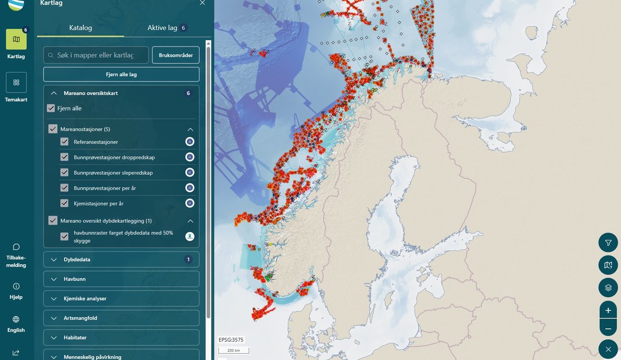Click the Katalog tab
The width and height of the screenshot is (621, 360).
point(80,27)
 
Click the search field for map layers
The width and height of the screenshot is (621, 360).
point(96,55)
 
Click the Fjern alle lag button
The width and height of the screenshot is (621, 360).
point(121,74)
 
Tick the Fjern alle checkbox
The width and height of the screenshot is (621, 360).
point(51,108)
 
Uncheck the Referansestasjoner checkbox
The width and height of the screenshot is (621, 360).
point(64,142)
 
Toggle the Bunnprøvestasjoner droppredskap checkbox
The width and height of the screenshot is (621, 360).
point(64,157)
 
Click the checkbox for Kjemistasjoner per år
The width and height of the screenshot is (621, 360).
point(64,203)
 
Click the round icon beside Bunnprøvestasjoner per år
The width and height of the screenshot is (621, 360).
point(190,188)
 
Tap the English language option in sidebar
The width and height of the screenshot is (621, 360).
point(16,324)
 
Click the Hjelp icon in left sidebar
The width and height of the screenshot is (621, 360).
point(16,286)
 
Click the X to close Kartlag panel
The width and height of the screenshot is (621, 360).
point(202,3)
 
